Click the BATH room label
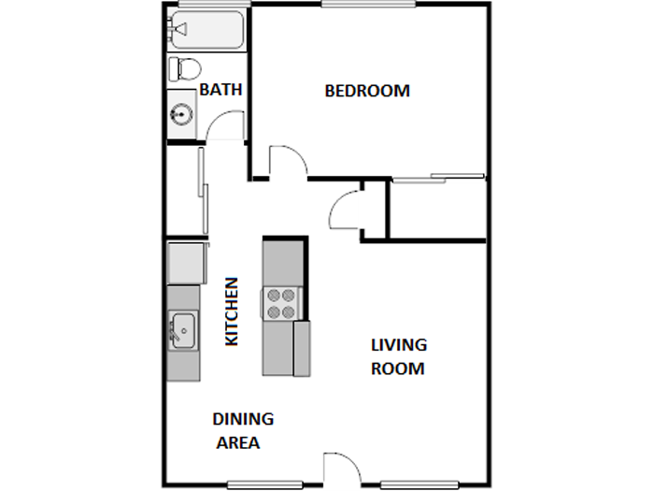221,91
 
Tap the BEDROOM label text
367,91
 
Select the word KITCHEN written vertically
233,311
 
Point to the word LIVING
399,345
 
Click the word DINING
243,419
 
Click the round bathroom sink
181,115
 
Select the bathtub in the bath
206,30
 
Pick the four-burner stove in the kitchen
280,302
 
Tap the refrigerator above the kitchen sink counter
185,263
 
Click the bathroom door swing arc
225,125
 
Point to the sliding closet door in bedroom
437,178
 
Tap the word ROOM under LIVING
398,368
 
